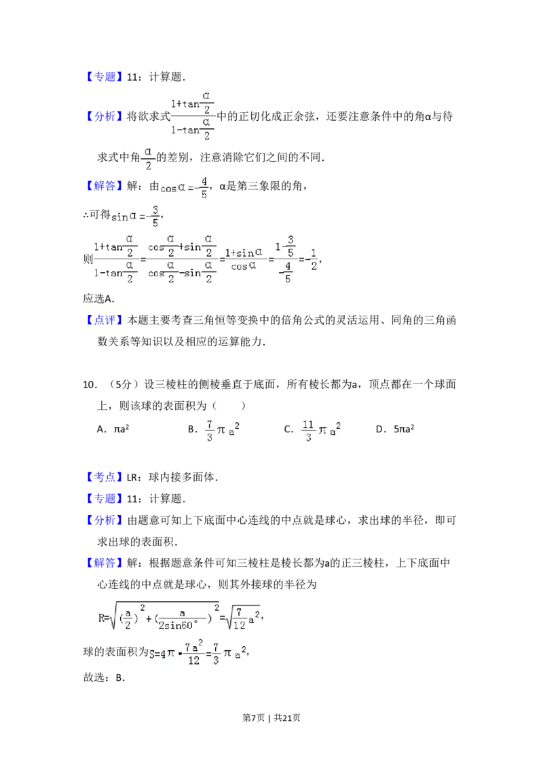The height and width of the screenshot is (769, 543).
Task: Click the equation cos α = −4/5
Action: (185, 187)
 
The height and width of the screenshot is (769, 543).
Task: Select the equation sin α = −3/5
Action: (136, 217)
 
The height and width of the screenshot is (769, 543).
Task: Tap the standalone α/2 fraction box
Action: (147, 157)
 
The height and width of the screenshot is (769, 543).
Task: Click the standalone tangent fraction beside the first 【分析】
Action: (193, 114)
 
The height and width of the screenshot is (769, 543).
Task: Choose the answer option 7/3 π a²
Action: (222, 432)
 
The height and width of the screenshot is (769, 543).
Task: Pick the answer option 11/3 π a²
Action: (320, 432)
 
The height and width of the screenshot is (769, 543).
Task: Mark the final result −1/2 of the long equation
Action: (312, 261)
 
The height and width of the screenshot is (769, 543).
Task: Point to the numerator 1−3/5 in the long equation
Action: (285, 246)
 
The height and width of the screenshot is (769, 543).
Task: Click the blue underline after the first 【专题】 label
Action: (136, 85)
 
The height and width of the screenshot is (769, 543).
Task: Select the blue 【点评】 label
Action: (105, 318)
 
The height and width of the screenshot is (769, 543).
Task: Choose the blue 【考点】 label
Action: (105, 476)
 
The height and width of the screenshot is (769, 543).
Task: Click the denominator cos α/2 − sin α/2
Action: (181, 274)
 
